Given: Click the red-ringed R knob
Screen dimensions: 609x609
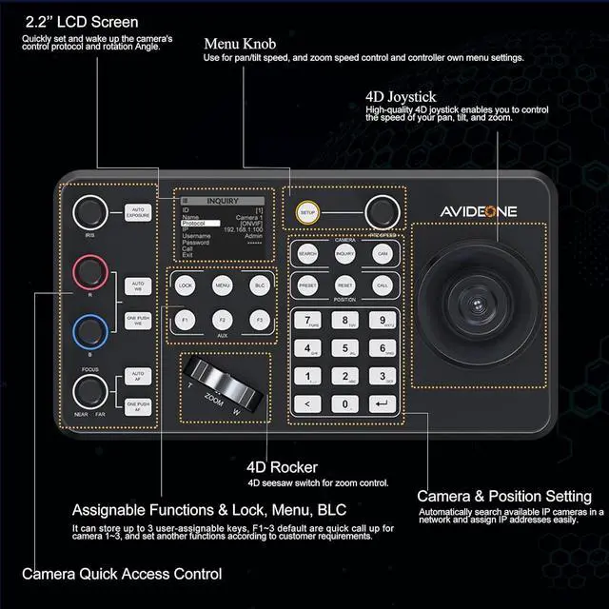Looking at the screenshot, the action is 90,271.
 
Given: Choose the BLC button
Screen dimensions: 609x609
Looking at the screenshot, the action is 259,285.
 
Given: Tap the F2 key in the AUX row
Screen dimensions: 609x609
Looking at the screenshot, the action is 222,322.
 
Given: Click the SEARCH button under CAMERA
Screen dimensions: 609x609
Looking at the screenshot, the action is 308,254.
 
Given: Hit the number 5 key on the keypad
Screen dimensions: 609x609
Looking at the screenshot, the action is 344,348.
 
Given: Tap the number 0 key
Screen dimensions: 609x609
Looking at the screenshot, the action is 344,403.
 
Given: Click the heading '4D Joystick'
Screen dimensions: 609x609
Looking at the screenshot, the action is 401,96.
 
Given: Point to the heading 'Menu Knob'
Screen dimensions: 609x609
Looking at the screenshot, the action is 242,43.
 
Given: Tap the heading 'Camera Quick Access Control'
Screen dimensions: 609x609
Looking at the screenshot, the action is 122,573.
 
